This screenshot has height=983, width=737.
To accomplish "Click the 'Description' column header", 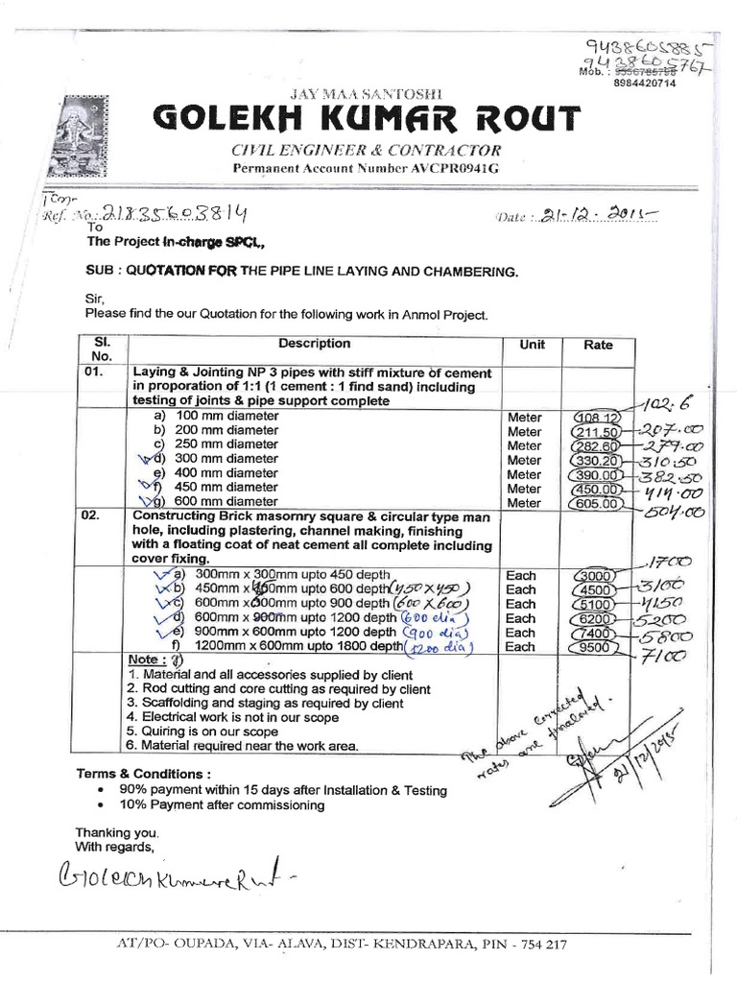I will coord(314,344).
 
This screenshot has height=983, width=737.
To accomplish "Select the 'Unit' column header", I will coord(532,345).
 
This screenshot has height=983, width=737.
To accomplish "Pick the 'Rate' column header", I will coord(597,345).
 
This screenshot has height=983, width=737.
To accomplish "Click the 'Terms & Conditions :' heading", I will coord(143,774).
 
